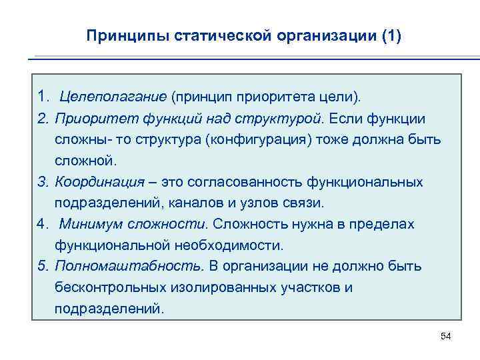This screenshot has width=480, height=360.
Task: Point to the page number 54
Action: coord(446,336)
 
